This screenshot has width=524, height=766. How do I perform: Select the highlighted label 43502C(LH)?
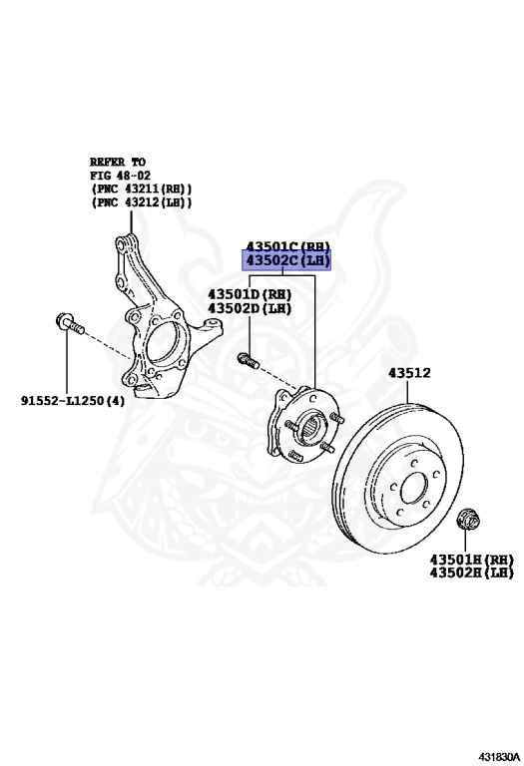coord(287,262)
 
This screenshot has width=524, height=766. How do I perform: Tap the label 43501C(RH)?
coord(287,246)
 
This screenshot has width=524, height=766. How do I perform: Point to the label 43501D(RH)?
coord(249,294)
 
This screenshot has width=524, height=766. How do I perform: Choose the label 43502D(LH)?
coord(249,308)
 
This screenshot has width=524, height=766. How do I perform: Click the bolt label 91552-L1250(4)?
coord(73,401)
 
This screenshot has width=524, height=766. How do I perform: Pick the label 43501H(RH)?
coord(471,559)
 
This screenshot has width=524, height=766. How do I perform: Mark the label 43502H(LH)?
coord(471,573)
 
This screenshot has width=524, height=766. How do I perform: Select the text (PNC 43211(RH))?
coord(141,189)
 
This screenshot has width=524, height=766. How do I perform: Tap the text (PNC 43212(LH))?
coord(141,202)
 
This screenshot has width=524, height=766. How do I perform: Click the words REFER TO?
coord(118,161)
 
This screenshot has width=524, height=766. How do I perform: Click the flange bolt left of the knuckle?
coord(70,324)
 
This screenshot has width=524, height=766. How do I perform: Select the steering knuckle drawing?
coord(150,319)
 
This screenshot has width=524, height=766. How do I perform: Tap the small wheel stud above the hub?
coord(247,360)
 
